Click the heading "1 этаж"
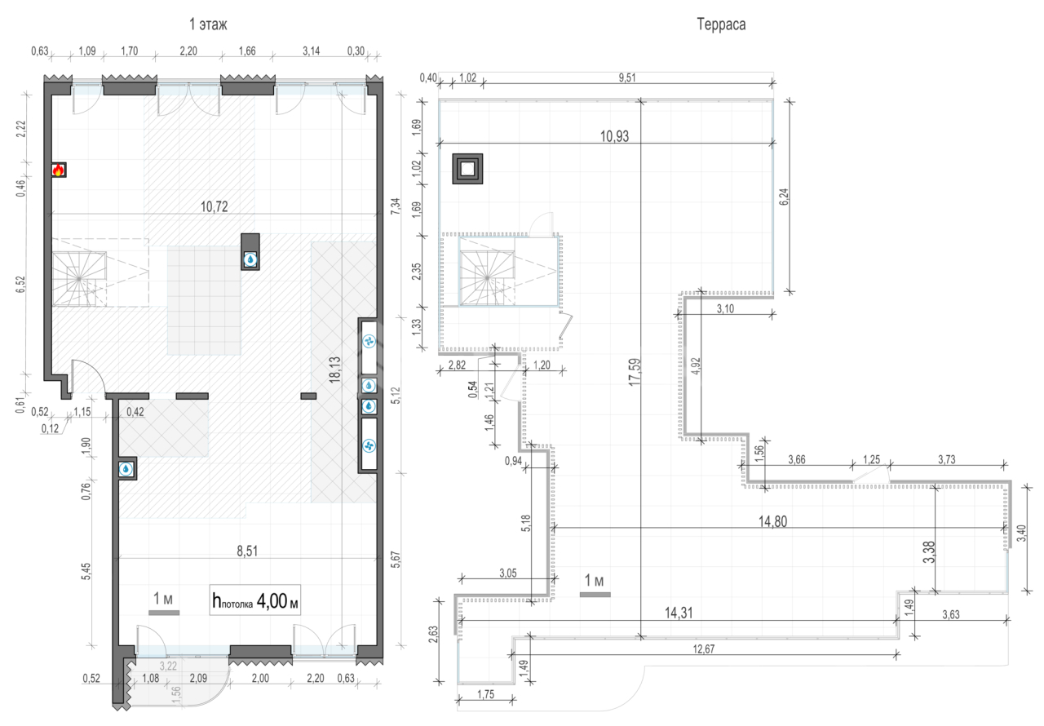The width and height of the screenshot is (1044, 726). click(208, 24)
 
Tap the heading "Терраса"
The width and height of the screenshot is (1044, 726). click(721, 24)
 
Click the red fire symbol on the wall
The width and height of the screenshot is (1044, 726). click(58, 170)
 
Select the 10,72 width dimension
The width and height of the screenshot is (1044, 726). click(214, 206)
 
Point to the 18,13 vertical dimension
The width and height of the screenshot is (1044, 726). click(334, 370)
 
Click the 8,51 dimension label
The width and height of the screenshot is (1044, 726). click(247, 551)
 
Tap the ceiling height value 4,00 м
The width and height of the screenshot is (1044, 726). click(277, 601)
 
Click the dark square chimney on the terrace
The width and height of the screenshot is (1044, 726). click(467, 169)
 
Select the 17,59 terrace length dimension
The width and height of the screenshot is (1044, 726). click(635, 371)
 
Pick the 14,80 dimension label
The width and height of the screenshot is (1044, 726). click(772, 521)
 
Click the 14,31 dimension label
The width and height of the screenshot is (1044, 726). click(678, 613)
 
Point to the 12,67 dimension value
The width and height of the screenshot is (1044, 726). click(703, 649)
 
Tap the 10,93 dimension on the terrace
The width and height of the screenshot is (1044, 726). click(614, 136)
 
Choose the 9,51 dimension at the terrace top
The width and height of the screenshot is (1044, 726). click(627, 77)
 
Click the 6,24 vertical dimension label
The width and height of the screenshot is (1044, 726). click(784, 197)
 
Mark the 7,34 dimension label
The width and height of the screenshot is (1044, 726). click(396, 206)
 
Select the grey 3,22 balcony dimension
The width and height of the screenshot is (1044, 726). click(168, 666)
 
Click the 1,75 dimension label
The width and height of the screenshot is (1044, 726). click(485, 694)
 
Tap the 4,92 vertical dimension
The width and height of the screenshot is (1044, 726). click(696, 366)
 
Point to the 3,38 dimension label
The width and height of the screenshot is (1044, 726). click(928, 551)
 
